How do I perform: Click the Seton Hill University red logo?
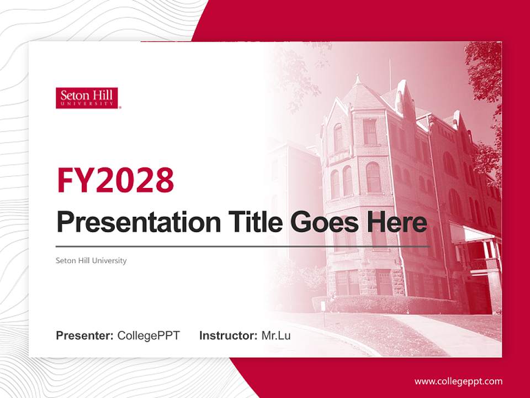click(x=87, y=98)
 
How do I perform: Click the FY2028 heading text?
click(x=115, y=180)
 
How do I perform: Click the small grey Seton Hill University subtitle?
click(x=91, y=260)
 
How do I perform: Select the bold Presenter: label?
click(x=84, y=336)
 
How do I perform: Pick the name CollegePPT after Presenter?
click(x=149, y=336)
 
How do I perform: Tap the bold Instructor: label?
click(x=228, y=336)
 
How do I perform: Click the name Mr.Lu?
click(x=276, y=336)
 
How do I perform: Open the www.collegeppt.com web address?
click(x=458, y=381)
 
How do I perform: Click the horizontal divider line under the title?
click(x=243, y=247)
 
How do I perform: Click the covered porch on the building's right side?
click(x=475, y=249)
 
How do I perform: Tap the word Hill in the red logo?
click(x=102, y=95)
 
